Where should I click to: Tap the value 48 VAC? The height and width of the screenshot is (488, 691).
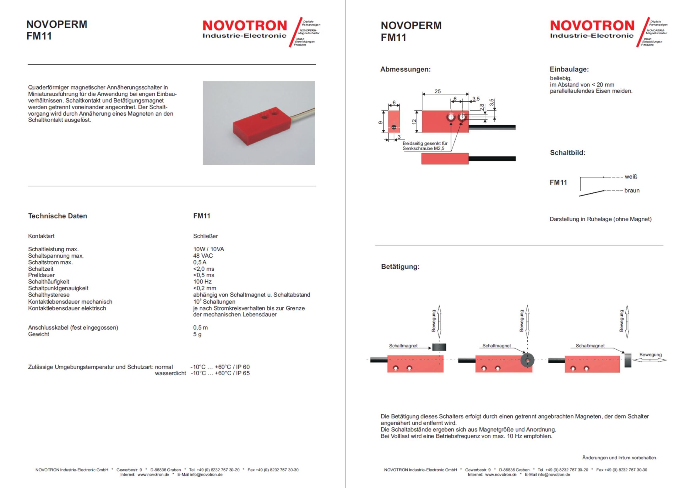[203, 256]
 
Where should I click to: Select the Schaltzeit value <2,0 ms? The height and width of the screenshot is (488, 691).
[204, 269]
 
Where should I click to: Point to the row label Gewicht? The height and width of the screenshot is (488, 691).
[39, 334]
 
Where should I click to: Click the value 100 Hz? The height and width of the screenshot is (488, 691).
[202, 282]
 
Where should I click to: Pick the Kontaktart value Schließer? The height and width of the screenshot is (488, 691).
[206, 236]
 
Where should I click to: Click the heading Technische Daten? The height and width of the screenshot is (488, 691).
[57, 216]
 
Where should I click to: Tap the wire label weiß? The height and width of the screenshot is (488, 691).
[631, 177]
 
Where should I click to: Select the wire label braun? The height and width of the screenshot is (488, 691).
[632, 191]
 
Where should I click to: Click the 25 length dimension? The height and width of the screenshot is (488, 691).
[438, 91]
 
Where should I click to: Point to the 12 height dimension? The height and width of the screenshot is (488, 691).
[414, 122]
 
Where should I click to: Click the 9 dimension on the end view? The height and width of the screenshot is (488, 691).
[380, 123]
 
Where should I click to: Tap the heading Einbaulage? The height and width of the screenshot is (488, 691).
[569, 69]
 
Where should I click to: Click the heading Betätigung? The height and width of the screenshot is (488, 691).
[400, 267]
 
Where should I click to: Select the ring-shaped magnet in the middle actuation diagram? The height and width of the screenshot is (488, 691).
[527, 360]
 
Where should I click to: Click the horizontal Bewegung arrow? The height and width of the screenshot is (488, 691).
[649, 360]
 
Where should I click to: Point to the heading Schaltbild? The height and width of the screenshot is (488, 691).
[568, 153]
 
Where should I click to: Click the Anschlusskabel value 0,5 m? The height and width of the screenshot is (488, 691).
[201, 327]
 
